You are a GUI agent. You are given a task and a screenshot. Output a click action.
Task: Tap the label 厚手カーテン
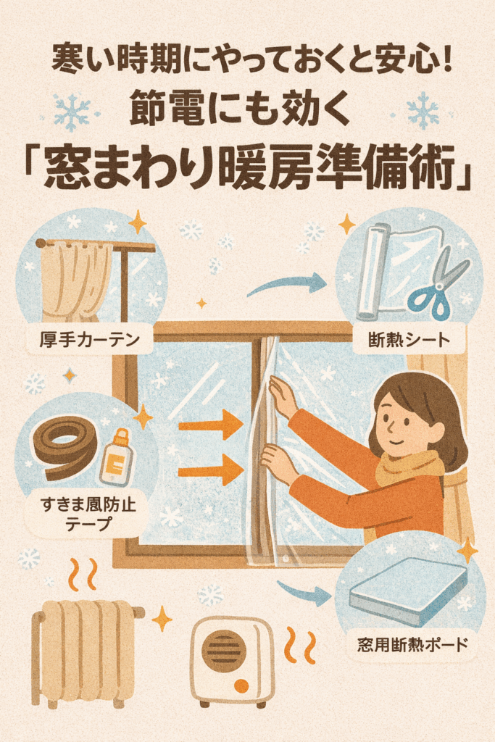click(89, 339)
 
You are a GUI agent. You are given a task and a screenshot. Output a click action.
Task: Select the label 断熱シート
click(409, 339)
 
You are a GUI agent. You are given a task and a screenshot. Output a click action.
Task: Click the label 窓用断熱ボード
click(412, 644)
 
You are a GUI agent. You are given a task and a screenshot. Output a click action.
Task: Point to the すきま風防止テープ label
click(88, 514)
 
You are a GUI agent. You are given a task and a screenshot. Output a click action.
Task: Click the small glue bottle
click(117, 458)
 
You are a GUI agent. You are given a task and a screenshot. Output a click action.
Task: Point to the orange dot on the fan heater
click(242, 686)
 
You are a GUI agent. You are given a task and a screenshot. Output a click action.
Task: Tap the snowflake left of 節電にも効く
click(72, 112)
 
